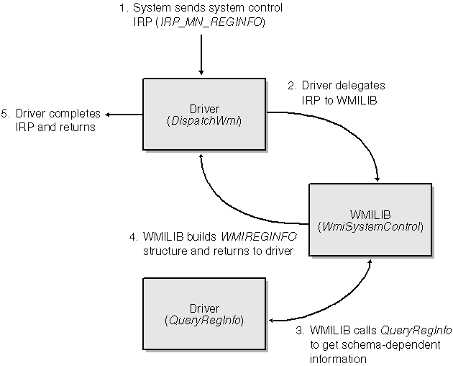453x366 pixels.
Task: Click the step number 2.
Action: (291, 85)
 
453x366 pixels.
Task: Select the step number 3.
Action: (299, 331)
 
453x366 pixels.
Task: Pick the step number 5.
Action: (6, 114)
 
